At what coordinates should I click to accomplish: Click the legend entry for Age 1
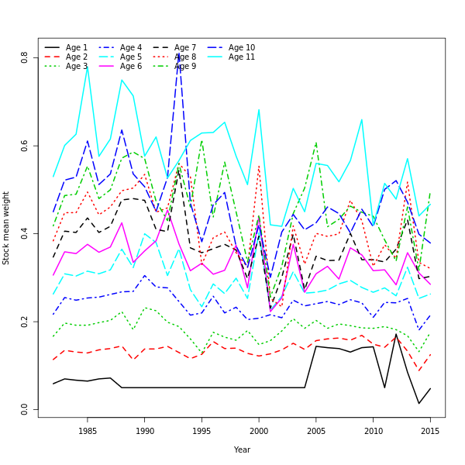[77, 48]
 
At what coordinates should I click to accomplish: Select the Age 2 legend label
[77, 57]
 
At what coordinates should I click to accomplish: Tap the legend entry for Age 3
[77, 67]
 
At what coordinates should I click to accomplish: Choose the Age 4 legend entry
[131, 48]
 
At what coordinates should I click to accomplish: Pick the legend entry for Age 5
[131, 57]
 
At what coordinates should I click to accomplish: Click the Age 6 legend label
[131, 67]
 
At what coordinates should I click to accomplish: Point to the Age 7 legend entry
[185, 48]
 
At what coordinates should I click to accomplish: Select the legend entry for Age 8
[185, 57]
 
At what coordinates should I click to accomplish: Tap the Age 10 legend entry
[242, 48]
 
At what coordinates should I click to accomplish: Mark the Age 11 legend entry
[242, 57]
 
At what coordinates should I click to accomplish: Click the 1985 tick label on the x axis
[88, 430]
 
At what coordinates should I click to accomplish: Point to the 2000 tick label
[259, 430]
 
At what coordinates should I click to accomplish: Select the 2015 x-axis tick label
[430, 430]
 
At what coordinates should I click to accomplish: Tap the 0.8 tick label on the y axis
[25, 58]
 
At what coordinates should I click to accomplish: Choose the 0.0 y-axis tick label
[25, 408]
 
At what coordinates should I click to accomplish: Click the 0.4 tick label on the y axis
[25, 233]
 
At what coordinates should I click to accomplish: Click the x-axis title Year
[242, 449]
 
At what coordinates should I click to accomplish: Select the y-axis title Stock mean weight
[7, 228]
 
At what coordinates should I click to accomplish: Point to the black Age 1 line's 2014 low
[419, 403]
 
